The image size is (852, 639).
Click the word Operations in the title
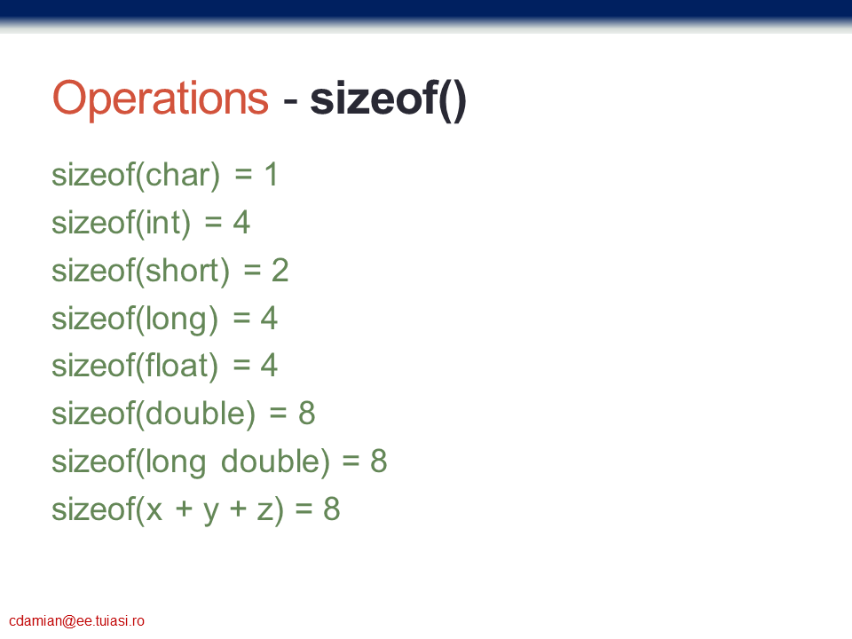tap(161, 99)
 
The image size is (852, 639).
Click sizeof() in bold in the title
tap(388, 99)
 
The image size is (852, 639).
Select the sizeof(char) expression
tap(136, 176)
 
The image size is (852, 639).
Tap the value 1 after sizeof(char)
tap(272, 175)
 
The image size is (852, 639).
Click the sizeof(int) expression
tap(122, 224)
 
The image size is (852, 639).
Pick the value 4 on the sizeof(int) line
tap(241, 223)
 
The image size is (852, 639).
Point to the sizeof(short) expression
tap(141, 272)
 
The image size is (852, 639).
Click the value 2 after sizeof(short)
tap(280, 270)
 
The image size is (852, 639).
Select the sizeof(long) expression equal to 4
tap(135, 319)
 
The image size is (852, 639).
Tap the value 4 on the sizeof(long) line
tap(269, 318)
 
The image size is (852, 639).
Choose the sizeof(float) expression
tap(135, 367)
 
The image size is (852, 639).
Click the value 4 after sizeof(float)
tap(269, 365)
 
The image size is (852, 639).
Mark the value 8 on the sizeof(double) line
tap(307, 414)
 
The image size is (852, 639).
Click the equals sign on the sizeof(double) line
tap(278, 414)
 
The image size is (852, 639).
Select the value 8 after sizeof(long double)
tap(379, 461)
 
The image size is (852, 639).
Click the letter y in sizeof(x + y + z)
tap(211, 512)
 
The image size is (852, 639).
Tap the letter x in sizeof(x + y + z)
tap(154, 509)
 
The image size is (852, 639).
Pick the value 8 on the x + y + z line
tap(332, 509)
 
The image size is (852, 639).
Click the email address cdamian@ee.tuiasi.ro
tap(76, 621)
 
